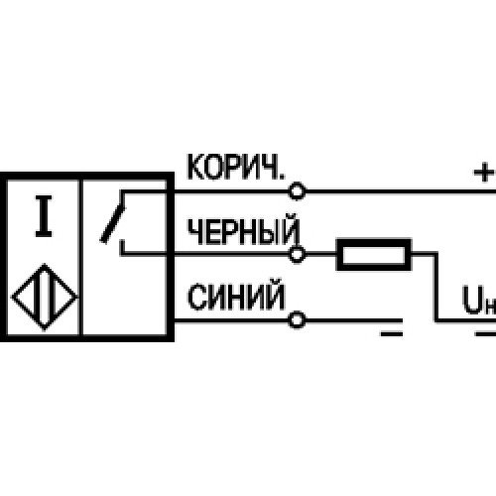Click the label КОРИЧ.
pyautogui.click(x=235, y=167)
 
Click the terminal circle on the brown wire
pyautogui.click(x=297, y=191)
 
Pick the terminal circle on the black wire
pyautogui.click(x=297, y=254)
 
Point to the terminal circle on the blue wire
pyautogui.click(x=297, y=320)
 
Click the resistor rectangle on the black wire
pyautogui.click(x=374, y=254)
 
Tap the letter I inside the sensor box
pyautogui.click(x=44, y=216)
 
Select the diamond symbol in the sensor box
pyautogui.click(x=45, y=297)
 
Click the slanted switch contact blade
pyautogui.click(x=113, y=225)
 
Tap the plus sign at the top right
pyautogui.click(x=484, y=172)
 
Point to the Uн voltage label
pyautogui.click(x=478, y=300)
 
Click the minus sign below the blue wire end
pyautogui.click(x=392, y=334)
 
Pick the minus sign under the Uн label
pyautogui.click(x=485, y=334)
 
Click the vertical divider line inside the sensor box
pyautogui.click(x=80, y=258)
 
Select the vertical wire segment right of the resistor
pyautogui.click(x=436, y=287)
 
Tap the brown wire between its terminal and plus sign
pyautogui.click(x=401, y=191)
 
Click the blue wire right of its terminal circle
pyautogui.click(x=354, y=320)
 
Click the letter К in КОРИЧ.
pyautogui.click(x=195, y=168)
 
